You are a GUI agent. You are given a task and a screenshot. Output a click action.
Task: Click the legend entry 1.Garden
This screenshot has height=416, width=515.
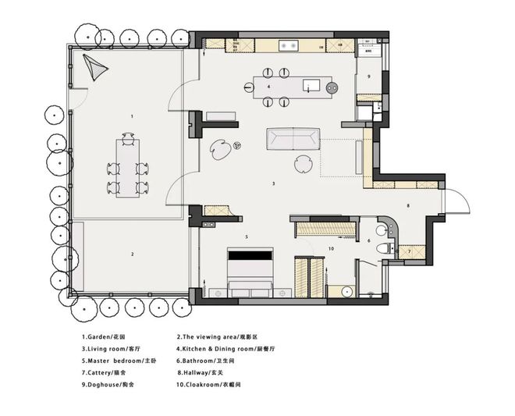click(104, 337)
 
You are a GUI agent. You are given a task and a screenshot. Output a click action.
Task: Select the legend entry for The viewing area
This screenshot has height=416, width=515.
click(217, 337)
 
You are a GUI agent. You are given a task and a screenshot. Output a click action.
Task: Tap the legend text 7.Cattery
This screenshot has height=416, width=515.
click(104, 372)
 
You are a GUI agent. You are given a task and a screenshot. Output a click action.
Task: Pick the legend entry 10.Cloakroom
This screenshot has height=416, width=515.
click(209, 385)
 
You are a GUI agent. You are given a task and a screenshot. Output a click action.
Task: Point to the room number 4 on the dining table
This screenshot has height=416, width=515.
click(268, 87)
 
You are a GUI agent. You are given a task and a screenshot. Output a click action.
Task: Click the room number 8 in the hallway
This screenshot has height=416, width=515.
click(408, 206)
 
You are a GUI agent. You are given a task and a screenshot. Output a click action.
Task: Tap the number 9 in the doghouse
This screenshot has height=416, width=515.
click(369, 76)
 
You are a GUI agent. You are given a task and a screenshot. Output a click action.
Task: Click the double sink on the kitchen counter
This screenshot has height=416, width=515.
click(289, 46)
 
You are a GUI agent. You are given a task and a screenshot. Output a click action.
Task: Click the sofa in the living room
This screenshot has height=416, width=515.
click(293, 139)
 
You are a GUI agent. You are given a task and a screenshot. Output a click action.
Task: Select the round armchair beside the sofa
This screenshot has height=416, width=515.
click(303, 164)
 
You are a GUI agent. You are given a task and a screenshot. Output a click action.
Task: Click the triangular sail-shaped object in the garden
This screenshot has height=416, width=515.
click(94, 67)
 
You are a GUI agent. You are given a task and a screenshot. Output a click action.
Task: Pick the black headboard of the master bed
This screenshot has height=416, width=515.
click(250, 255)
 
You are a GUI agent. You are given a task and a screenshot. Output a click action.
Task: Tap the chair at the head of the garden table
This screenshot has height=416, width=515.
click(128, 139)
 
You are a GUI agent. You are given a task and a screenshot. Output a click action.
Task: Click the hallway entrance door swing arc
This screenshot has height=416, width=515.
click(463, 198)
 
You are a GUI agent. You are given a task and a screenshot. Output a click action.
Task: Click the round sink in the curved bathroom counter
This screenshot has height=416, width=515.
click(382, 230)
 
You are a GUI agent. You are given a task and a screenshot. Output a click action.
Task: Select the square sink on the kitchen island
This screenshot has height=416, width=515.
click(311, 86)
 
